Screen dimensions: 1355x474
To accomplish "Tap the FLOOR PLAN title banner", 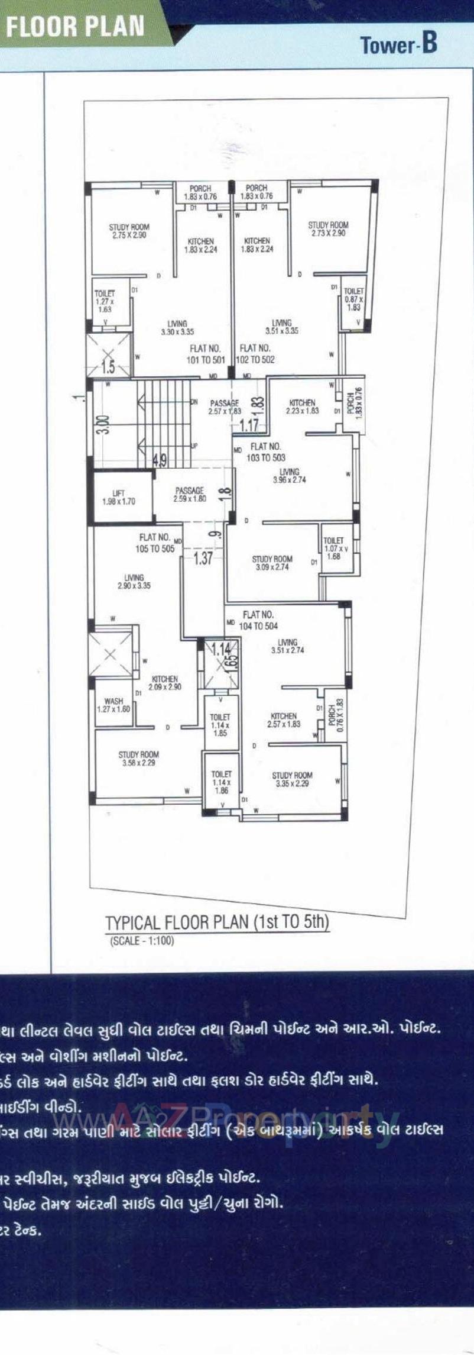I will [76, 27].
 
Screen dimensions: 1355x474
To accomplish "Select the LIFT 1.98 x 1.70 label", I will [119, 497].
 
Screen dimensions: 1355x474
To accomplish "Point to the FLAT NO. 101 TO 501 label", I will [206, 354].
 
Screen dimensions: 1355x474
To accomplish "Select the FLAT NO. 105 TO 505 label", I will [155, 543].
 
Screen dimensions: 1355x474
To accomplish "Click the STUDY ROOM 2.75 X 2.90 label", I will [129, 231].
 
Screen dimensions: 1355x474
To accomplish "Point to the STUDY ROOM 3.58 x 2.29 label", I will [138, 759].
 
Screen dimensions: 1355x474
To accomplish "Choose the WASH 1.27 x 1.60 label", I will [113, 705].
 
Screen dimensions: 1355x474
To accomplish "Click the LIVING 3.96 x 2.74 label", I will [289, 476].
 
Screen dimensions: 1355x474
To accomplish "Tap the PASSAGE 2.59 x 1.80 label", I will [189, 494].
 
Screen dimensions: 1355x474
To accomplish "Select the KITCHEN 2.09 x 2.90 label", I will [164, 683].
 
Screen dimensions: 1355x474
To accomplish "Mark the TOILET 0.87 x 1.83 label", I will [353, 299].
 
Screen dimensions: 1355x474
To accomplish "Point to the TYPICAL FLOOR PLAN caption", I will [217, 923].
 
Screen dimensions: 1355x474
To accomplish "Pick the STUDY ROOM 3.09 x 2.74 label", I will [272, 563].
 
